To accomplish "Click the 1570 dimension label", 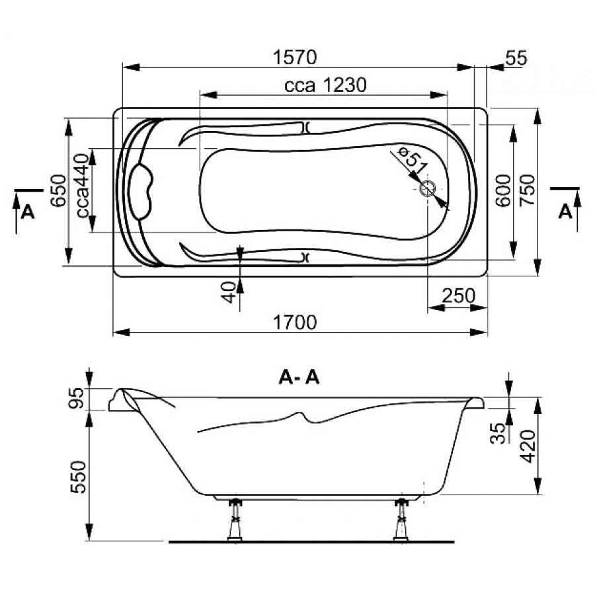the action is point(294,58).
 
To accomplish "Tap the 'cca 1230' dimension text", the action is point(325,85).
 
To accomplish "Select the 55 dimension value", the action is point(516,58).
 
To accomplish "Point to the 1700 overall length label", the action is point(294,323).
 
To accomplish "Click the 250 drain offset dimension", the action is point(458,296).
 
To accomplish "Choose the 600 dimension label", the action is point(503,190).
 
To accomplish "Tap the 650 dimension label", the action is point(58,190).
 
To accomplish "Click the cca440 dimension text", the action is point(83,186).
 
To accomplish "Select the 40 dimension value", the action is point(229,292).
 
